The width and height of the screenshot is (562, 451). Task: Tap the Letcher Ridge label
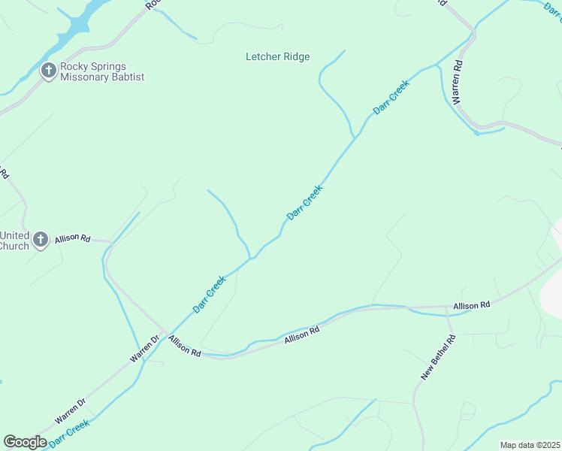278,57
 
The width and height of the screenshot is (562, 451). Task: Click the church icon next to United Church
41,241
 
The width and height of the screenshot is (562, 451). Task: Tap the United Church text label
14,241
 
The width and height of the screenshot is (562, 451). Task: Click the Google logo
25,442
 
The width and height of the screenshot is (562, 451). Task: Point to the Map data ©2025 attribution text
530,445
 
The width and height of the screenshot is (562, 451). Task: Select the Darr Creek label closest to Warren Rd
391,98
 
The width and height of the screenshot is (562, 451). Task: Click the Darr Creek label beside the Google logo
70,434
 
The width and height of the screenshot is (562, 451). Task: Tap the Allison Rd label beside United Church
72,238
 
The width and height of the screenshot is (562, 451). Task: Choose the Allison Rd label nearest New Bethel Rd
471,305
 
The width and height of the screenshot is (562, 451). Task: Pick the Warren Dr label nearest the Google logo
71,410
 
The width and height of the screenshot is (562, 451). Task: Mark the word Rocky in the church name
75,66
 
